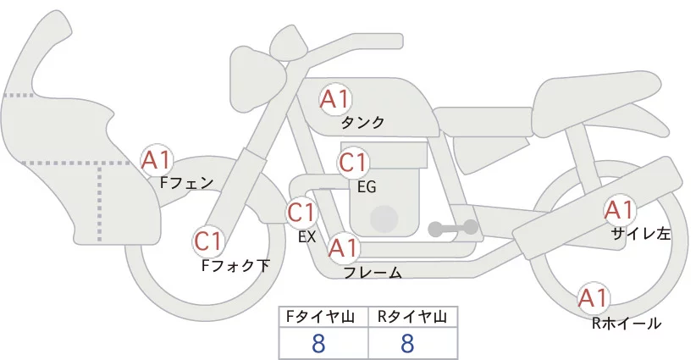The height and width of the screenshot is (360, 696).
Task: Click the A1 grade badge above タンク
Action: pos(334,99)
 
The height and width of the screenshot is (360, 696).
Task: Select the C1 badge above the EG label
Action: pos(353,163)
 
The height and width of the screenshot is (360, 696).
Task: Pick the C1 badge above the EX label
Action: pos(301,212)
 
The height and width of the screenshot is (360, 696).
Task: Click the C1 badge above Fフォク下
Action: pos(208,241)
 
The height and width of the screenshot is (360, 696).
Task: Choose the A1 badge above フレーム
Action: pos(344,248)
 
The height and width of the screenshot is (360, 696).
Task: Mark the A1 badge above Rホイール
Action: pos(594,298)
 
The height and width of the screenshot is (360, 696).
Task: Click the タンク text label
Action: pos(362,123)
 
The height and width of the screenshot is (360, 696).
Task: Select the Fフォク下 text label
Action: pos(235,266)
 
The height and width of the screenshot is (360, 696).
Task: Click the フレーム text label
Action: pos(372,273)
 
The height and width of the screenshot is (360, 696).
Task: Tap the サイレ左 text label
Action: pos(641,235)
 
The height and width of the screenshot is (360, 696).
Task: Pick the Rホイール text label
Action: pos(627,323)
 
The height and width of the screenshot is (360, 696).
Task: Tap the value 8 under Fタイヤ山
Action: pos(319,343)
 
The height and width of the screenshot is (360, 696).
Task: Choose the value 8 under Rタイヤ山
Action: pos(407,343)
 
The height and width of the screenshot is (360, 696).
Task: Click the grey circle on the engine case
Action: pos(384,219)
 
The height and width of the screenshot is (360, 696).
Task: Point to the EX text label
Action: pos(307,237)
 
